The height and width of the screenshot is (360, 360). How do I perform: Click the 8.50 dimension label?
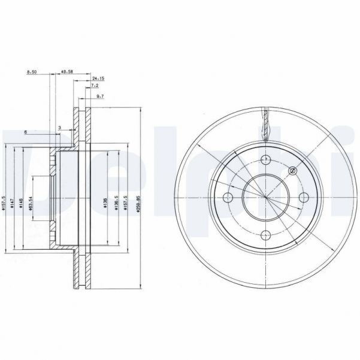(32, 72)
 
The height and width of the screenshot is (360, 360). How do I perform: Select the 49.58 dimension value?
(66, 72)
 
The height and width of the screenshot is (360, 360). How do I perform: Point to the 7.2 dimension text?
(95, 87)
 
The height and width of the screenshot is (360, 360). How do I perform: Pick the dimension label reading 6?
(26, 132)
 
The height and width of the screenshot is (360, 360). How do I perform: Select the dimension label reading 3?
(60, 128)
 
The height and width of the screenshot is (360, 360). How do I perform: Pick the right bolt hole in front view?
(303, 198)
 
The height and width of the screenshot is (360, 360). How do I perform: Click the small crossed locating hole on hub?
(292, 171)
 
